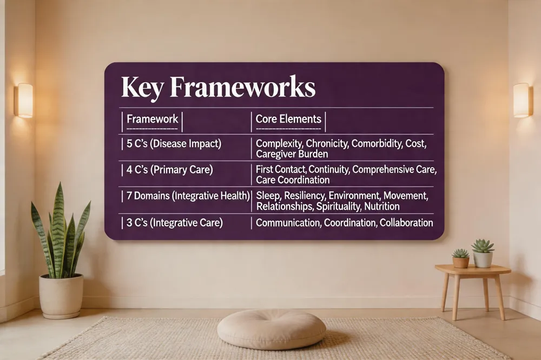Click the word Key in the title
click(142, 87)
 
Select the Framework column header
click(152, 119)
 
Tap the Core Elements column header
click(288, 119)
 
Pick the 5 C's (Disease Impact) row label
click(174, 143)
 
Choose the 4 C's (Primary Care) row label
click(169, 170)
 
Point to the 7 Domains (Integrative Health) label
click(188, 196)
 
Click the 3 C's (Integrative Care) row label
click(174, 223)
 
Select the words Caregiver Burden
click(292, 154)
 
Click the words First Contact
click(281, 169)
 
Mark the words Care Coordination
click(293, 179)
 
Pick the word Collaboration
click(406, 223)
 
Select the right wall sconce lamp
click(523, 100)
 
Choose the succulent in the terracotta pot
click(460, 258)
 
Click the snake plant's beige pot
click(61, 296)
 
